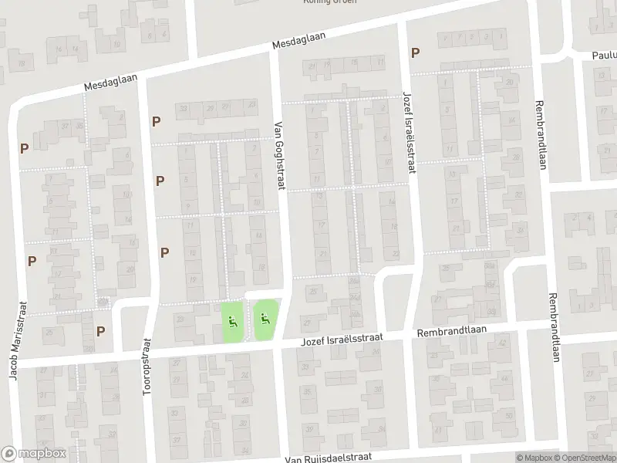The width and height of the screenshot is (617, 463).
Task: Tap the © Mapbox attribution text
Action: coord(534,458)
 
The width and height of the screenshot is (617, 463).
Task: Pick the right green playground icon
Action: coord(265,316)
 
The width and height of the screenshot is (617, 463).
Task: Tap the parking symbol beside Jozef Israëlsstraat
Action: coord(416,52)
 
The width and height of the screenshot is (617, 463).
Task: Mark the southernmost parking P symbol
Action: coord(101,331)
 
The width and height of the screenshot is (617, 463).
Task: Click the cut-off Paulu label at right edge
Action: coord(604,56)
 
